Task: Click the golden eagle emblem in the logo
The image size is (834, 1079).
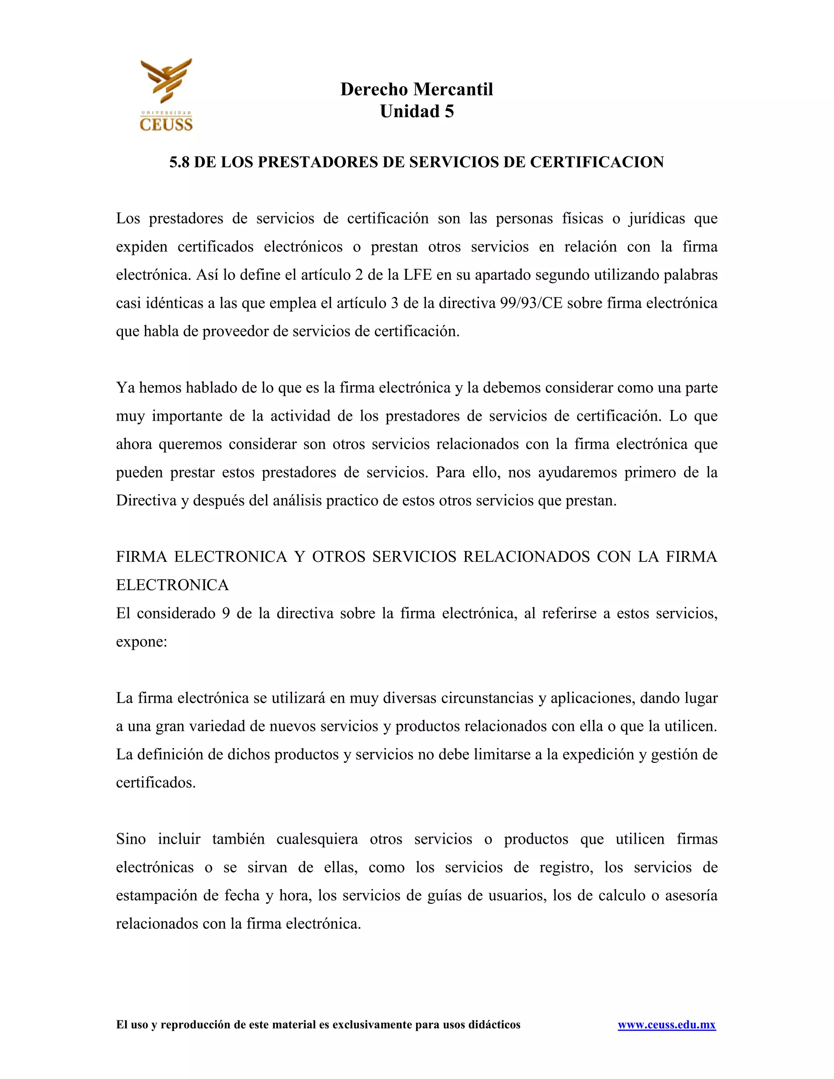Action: (166, 81)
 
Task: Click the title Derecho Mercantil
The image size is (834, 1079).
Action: (417, 90)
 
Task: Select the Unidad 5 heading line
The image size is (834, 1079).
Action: (417, 112)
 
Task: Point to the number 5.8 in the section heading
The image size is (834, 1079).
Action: (179, 162)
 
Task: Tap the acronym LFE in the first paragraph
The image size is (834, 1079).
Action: (418, 275)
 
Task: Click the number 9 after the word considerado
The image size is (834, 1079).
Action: (226, 613)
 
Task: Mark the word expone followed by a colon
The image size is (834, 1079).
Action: (141, 642)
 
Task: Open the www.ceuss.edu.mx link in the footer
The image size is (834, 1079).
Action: (667, 1025)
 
